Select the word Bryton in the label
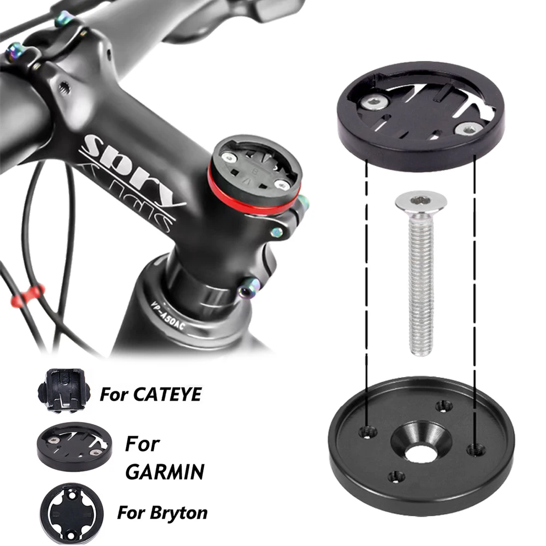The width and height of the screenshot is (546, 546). click(x=181, y=513)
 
